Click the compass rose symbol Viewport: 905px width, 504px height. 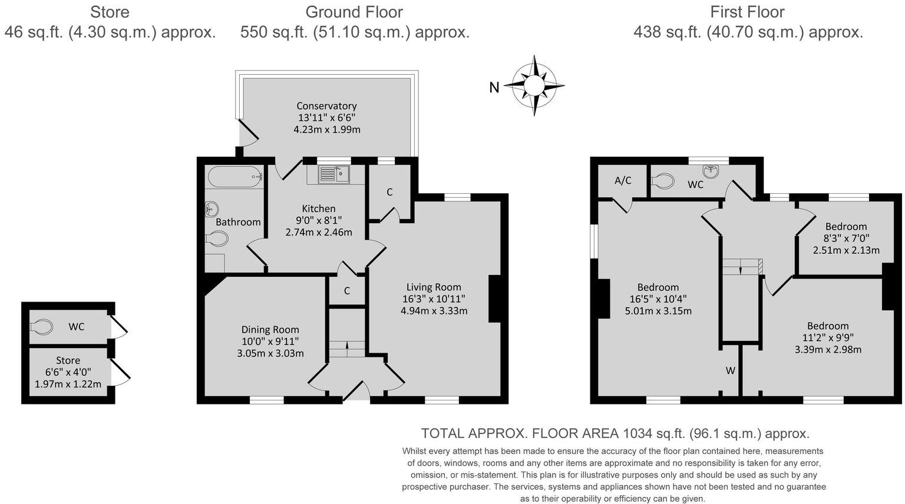click(534, 86)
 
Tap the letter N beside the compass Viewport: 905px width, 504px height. click(494, 88)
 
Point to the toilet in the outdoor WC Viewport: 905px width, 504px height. click(41, 326)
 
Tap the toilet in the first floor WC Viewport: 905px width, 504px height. click(664, 180)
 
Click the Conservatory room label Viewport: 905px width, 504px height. click(326, 106)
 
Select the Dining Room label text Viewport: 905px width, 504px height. click(270, 330)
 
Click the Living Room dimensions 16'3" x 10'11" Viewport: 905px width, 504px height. click(434, 299)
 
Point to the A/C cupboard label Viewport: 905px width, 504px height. click(623, 181)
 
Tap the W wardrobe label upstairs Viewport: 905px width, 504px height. click(730, 370)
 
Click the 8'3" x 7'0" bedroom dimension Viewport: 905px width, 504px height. click(846, 238)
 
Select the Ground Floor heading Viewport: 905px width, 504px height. click(354, 12)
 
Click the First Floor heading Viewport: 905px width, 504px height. click(747, 12)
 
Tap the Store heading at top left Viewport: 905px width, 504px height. click(110, 12)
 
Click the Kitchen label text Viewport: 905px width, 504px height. click(319, 208)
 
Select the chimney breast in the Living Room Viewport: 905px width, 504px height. click(494, 299)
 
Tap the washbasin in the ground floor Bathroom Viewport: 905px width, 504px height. click(212, 209)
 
